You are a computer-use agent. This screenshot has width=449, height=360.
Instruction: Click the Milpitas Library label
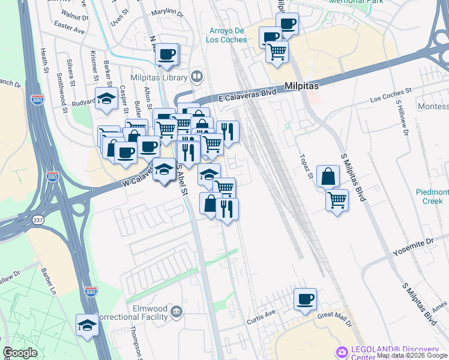[x=159, y=77]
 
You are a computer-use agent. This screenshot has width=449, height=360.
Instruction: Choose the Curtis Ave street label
[x=261, y=317]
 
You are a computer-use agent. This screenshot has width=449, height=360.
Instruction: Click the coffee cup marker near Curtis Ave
[x=305, y=299]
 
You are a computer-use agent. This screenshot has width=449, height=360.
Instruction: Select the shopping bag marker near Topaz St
[x=328, y=177]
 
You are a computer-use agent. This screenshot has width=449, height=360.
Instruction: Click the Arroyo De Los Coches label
[x=228, y=35]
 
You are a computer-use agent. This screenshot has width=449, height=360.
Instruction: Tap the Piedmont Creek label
[x=432, y=196]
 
